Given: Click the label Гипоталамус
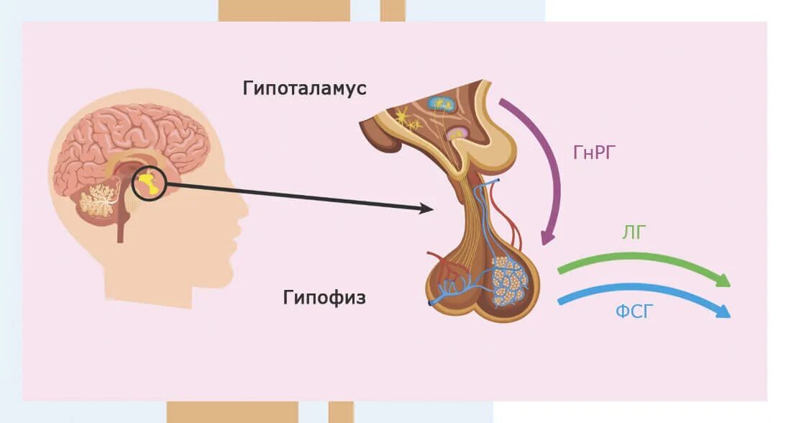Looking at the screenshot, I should (x=305, y=88).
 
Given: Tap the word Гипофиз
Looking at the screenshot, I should (x=324, y=297).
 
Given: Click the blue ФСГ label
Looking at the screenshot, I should (x=634, y=313).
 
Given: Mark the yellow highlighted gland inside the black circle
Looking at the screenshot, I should (x=149, y=183).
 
